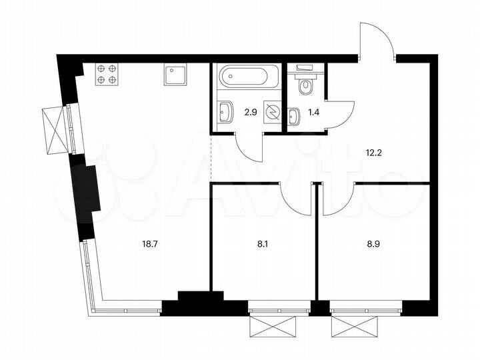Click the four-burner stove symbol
(x=107, y=73)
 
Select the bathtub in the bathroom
(x=245, y=76)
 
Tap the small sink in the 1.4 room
(x=294, y=116)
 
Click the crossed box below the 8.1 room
(x=272, y=327)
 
